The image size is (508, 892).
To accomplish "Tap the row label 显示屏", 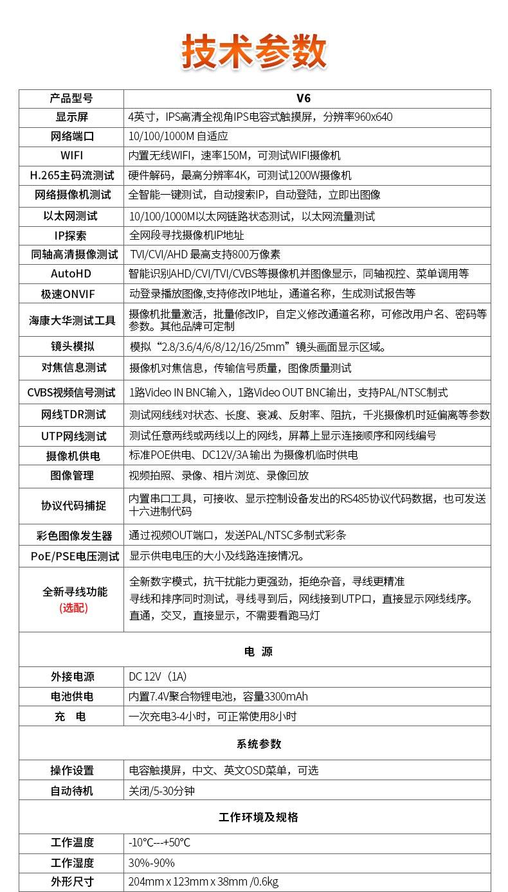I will (x=71, y=117).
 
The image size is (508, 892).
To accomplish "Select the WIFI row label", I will (x=71, y=156).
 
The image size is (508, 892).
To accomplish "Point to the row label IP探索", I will (x=71, y=235).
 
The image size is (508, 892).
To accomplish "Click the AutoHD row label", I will (x=71, y=274).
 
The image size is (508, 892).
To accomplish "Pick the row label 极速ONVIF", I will (x=71, y=294).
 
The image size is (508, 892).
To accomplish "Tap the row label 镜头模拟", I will (x=71, y=346).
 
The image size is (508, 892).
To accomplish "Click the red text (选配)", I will (x=73, y=607).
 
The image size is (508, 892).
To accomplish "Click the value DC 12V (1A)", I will (x=158, y=677).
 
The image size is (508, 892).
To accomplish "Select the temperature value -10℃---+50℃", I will (x=159, y=843).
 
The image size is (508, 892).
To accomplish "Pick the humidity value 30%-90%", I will (x=151, y=862).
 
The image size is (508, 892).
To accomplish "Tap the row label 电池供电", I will (x=72, y=697).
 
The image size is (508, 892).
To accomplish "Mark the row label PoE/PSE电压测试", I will (x=75, y=557).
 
